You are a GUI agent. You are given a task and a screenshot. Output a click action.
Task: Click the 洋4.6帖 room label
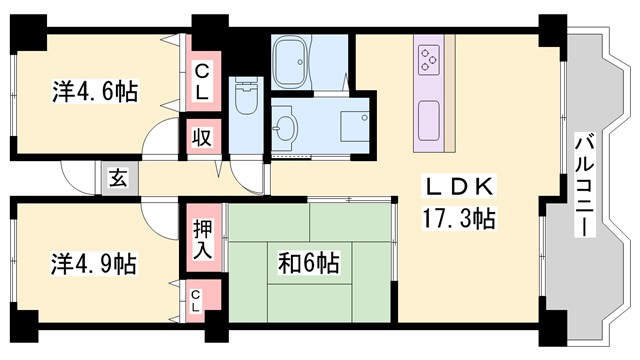pyautogui.click(x=95, y=92)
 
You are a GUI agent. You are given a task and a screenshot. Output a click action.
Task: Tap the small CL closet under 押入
pyautogui.click(x=197, y=299)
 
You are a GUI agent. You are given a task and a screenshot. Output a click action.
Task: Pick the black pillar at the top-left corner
pyautogui.click(x=29, y=29)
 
